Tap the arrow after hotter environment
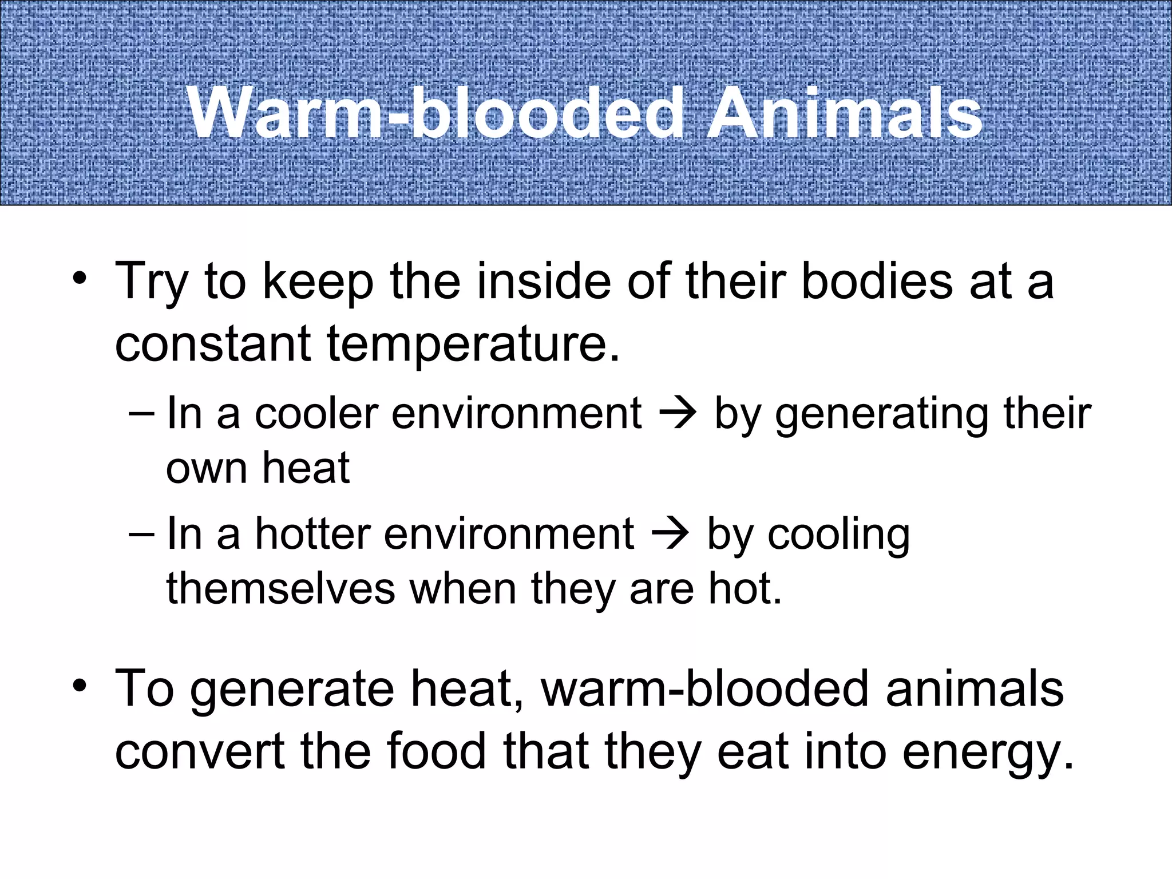point(670,534)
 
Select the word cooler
point(316,413)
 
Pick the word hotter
point(312,534)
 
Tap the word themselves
point(280,589)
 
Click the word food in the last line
point(435,751)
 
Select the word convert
point(200,752)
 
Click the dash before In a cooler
point(141,413)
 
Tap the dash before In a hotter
point(141,534)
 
